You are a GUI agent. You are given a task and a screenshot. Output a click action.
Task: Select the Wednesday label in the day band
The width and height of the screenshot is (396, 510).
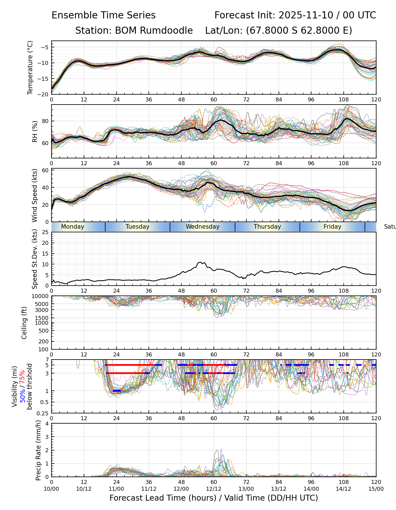point(203,227)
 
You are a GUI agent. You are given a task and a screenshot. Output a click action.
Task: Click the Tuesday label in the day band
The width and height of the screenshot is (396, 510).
point(137,227)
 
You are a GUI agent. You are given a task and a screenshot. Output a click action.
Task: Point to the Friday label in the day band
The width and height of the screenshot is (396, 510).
point(332,227)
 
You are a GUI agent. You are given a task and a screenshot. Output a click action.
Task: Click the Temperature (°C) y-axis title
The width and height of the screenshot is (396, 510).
point(30,67)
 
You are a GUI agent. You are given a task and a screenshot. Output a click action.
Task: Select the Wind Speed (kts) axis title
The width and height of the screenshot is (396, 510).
point(35,195)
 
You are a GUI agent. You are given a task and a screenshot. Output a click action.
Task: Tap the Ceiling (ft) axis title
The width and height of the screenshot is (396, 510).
point(24,323)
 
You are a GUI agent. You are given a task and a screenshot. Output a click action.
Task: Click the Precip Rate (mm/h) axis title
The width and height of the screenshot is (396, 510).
point(38,450)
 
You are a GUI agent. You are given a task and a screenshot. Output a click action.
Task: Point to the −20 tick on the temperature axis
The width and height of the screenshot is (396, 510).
point(45,94)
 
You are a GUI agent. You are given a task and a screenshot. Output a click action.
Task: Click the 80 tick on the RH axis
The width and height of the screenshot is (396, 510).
point(46,121)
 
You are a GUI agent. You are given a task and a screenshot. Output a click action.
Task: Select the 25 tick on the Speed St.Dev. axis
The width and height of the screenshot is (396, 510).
point(46,232)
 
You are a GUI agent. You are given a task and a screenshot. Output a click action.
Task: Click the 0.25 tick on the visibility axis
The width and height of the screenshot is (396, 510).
point(43,413)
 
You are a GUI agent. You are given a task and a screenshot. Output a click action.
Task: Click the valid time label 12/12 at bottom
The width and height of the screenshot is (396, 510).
point(214,489)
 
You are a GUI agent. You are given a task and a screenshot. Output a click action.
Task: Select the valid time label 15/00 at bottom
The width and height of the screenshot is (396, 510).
point(376,489)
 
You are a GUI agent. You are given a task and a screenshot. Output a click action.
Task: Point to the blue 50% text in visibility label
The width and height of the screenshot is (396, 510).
point(22,394)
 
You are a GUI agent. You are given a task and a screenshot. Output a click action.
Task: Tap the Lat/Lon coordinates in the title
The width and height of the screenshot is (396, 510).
point(279,30)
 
